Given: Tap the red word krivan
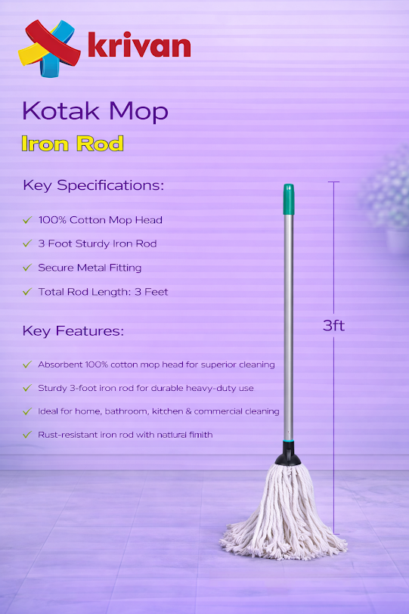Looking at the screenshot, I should (x=138, y=46).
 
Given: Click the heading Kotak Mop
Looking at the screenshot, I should (x=95, y=111).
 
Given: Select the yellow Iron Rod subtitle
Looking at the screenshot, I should (x=73, y=144).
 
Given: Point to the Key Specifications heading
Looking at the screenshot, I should (x=93, y=185).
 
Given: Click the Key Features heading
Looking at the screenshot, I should (x=73, y=331).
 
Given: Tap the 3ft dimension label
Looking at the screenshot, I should (x=333, y=326).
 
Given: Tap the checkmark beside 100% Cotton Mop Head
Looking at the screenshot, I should (x=26, y=220).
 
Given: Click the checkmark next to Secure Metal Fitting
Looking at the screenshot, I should (x=26, y=268).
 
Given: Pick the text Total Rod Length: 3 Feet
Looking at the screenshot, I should (x=103, y=292).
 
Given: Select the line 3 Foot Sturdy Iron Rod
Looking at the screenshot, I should (x=98, y=243).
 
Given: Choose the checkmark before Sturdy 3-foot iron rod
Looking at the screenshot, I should (x=26, y=388).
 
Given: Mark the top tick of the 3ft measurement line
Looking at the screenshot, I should (x=333, y=182).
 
